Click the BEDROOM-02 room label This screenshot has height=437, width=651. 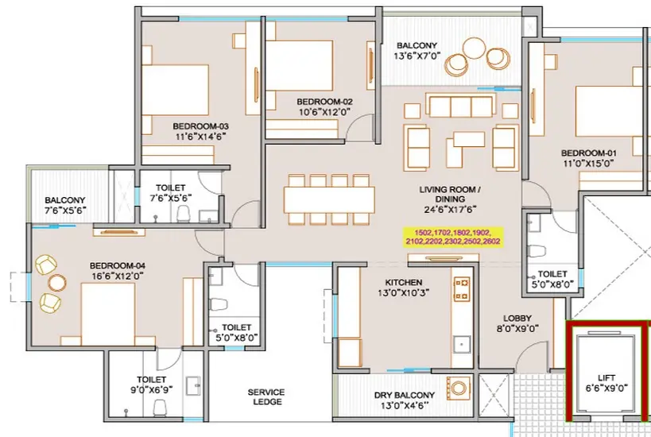(x=324, y=102)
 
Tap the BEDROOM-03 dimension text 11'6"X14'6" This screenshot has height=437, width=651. (x=201, y=137)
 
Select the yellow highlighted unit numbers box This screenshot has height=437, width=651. (x=453, y=237)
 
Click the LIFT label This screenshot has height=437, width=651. (x=606, y=377)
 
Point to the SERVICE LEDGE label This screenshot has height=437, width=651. (x=266, y=396)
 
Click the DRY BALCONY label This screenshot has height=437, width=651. (x=405, y=395)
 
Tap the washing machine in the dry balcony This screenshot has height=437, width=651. (x=459, y=388)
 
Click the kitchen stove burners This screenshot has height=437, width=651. (x=462, y=289)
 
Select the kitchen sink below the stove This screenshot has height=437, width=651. (x=462, y=345)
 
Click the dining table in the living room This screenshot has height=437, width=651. (x=329, y=200)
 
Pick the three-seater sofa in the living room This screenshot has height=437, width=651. (x=460, y=105)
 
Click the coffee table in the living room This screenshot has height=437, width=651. (x=469, y=139)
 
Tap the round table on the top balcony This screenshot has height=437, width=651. (x=474, y=48)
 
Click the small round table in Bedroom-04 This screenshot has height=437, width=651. (x=57, y=283)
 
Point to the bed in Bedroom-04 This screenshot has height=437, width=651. (x=108, y=314)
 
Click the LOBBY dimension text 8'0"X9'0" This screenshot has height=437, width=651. (x=517, y=329)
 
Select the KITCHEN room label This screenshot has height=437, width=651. (x=404, y=282)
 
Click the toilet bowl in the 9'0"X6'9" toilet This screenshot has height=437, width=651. (x=160, y=408)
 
